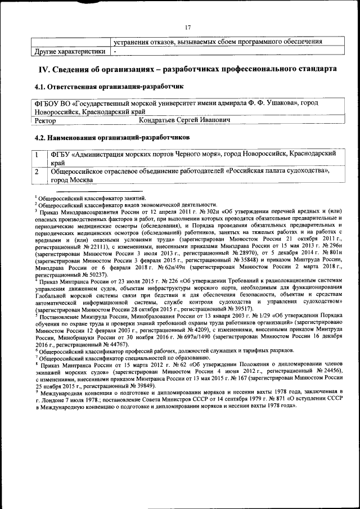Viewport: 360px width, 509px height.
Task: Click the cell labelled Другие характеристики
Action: point(69,51)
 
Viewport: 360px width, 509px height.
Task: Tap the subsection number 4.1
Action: point(40,87)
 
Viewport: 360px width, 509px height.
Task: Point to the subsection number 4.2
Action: point(40,137)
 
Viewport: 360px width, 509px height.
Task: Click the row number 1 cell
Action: point(37,154)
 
